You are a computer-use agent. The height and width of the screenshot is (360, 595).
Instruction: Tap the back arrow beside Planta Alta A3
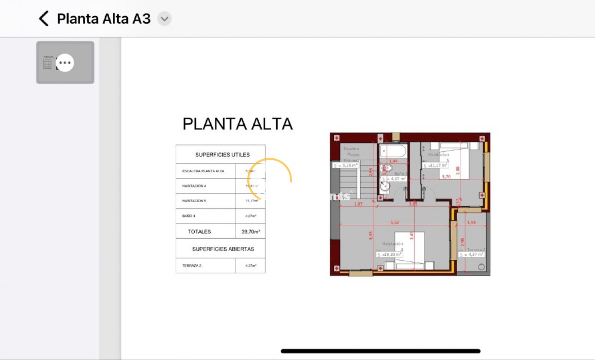pos(43,19)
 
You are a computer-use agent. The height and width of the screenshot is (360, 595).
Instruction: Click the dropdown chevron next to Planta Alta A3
pos(164,19)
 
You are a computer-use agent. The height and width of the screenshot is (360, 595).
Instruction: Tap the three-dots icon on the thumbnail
pos(65,63)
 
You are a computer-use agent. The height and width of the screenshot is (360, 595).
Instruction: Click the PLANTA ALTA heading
pos(238,124)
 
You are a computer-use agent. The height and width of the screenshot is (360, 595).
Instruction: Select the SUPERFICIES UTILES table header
pos(222,155)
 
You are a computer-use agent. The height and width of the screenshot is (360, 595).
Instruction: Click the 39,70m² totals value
pos(250,232)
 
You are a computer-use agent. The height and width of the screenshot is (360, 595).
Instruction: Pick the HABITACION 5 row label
pos(194,201)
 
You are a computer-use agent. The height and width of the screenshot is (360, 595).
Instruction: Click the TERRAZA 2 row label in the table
pos(192,265)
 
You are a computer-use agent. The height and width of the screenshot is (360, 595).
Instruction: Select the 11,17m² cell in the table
pos(251,201)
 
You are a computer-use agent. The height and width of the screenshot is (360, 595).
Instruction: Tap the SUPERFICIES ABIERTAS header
pos(223,249)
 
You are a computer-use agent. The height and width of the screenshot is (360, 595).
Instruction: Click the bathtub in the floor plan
pos(393,151)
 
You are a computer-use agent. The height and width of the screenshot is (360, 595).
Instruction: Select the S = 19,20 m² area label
pos(390,254)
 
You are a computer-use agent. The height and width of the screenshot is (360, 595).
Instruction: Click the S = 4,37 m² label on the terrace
pos(471,254)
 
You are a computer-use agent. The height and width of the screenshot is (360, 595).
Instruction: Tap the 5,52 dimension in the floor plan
pos(394,222)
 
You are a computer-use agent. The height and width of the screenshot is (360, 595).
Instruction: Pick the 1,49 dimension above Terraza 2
pos(471,222)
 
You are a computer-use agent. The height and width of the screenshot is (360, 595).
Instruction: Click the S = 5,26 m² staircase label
pos(345,165)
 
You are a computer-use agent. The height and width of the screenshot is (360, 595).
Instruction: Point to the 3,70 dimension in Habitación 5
pos(446,176)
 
